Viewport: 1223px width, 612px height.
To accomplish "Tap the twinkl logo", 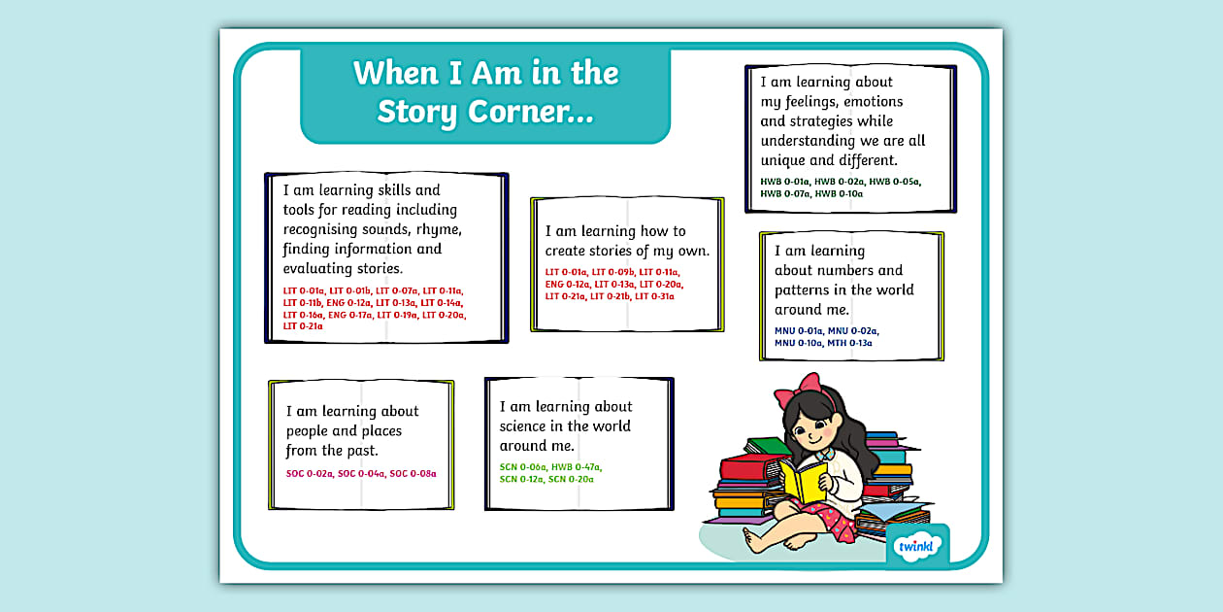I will click(x=916, y=547).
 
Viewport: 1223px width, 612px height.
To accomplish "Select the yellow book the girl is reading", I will click(x=803, y=482).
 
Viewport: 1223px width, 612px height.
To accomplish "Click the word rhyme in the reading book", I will click(x=439, y=229).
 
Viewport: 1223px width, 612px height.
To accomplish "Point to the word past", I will click(x=361, y=451).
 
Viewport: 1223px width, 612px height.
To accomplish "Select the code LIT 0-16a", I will click(x=303, y=315).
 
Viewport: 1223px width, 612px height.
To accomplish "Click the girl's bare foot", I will click(x=751, y=538).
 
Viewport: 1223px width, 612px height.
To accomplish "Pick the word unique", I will click(x=783, y=160).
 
